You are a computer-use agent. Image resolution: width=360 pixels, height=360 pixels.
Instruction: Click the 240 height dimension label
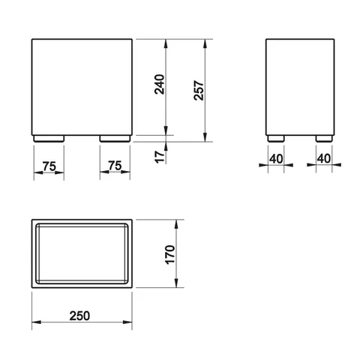160,84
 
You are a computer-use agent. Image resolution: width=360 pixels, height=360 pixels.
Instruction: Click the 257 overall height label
199,90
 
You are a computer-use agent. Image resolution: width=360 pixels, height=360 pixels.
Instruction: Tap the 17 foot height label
160,157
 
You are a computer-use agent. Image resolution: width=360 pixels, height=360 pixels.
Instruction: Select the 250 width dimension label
79,316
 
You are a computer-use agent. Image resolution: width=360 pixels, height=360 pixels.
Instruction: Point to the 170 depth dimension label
170,254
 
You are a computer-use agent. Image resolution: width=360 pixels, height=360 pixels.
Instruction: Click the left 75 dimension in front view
49,166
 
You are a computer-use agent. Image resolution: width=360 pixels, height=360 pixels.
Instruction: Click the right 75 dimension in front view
115,166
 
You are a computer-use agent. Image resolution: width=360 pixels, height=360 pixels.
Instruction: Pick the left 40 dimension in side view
276,159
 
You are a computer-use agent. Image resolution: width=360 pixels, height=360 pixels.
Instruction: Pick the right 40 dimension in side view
324,158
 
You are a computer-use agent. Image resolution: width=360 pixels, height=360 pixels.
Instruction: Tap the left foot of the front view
49,139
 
